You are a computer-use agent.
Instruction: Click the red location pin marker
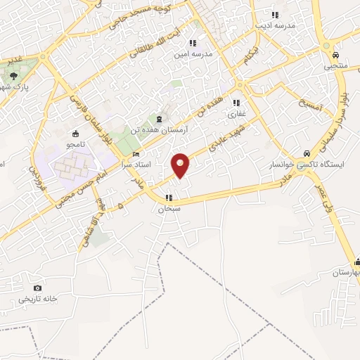click(181, 165)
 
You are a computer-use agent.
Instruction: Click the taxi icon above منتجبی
click(335, 55)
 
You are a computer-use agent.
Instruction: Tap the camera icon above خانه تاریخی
click(37, 288)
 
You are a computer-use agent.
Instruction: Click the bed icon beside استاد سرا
click(136, 154)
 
